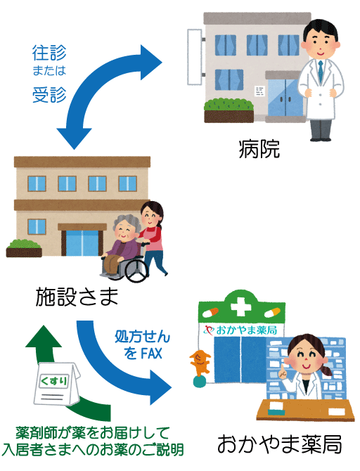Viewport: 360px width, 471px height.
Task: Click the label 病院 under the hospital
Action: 259,149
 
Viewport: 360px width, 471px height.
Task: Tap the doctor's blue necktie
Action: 321,72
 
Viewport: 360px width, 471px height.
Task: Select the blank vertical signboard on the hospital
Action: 195,57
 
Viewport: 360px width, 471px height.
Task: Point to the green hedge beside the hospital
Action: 229,105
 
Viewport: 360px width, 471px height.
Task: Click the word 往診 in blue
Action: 49,53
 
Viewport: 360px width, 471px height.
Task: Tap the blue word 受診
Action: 49,95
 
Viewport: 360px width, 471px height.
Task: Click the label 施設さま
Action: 77,297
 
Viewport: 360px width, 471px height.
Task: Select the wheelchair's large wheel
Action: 136,271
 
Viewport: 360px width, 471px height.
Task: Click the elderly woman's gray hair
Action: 126,222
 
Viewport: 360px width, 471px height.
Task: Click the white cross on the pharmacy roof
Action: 240,307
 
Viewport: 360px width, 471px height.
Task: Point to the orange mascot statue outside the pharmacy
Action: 200,363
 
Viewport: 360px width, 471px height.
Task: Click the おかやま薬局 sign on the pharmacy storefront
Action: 240,330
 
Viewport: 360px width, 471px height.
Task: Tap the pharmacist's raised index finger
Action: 281,368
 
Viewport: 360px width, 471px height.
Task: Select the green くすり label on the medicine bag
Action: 54,382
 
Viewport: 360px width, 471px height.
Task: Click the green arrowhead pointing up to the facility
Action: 44,336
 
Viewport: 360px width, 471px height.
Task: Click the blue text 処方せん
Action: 143,337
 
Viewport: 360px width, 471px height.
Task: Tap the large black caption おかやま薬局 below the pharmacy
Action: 279,444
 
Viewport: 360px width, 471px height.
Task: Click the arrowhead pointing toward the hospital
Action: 151,63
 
